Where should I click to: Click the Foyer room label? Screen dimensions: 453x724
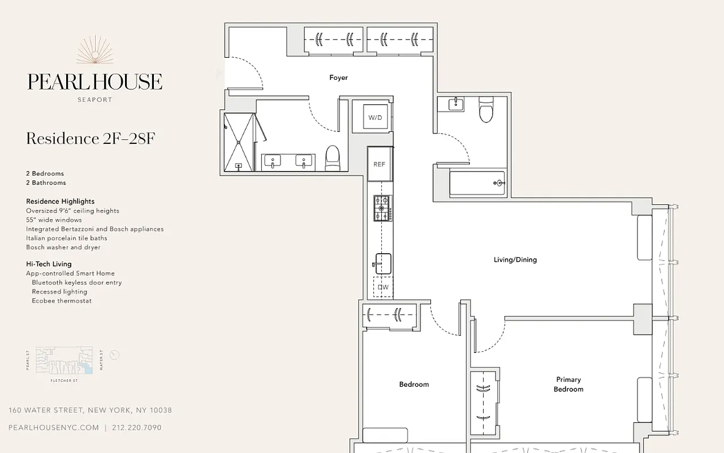(x=338, y=78)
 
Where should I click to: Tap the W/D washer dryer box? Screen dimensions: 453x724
(x=374, y=117)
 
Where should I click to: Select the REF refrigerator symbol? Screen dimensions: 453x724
(x=379, y=164)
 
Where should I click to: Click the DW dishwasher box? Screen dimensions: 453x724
(x=383, y=287)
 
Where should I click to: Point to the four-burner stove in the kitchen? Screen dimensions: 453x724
(x=382, y=208)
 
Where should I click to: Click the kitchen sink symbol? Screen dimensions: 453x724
(x=382, y=263)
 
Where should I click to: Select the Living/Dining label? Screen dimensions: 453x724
(x=515, y=260)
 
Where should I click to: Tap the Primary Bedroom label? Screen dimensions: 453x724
(x=568, y=384)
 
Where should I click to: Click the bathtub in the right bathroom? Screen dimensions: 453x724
(x=477, y=183)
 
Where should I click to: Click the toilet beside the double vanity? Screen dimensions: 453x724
(x=333, y=157)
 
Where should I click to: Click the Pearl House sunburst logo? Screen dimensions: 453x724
(x=95, y=51)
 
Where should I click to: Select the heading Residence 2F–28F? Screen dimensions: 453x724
(x=90, y=139)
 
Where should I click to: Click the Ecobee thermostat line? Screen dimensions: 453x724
(x=62, y=301)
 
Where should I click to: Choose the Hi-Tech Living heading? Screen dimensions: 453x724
(x=49, y=264)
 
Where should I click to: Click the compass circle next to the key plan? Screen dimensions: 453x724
(x=114, y=355)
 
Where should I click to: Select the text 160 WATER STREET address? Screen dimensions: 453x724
(x=90, y=410)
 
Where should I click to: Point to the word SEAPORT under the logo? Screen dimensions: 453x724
(x=94, y=100)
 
